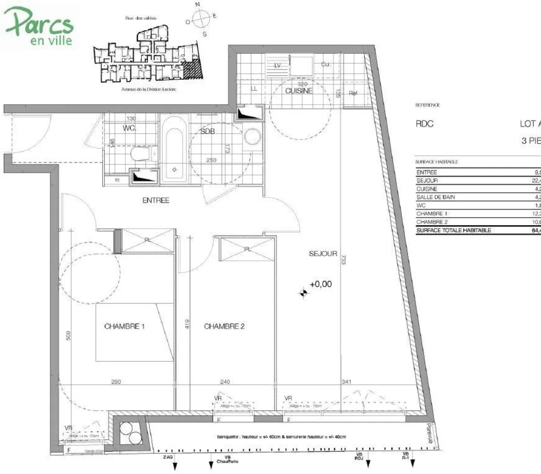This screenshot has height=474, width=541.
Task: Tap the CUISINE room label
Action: (298, 91)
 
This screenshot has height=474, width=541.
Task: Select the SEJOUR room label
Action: (323, 254)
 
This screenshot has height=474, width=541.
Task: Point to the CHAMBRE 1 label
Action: (124, 326)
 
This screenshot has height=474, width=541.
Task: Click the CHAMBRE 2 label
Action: (224, 326)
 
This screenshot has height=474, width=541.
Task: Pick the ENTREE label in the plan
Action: (156, 200)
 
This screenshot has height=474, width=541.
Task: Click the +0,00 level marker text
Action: (321, 284)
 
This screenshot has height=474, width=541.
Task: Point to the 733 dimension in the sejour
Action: (343, 260)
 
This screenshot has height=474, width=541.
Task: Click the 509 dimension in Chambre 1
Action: (68, 336)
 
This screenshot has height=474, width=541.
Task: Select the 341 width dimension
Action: (346, 382)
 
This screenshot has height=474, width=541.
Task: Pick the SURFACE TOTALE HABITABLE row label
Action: (454, 230)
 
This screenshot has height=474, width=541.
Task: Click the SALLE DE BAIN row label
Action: (436, 197)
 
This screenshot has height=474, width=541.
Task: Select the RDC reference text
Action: (424, 124)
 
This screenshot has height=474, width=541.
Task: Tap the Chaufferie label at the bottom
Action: (227, 461)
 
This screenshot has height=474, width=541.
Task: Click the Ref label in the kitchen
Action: (353, 93)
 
